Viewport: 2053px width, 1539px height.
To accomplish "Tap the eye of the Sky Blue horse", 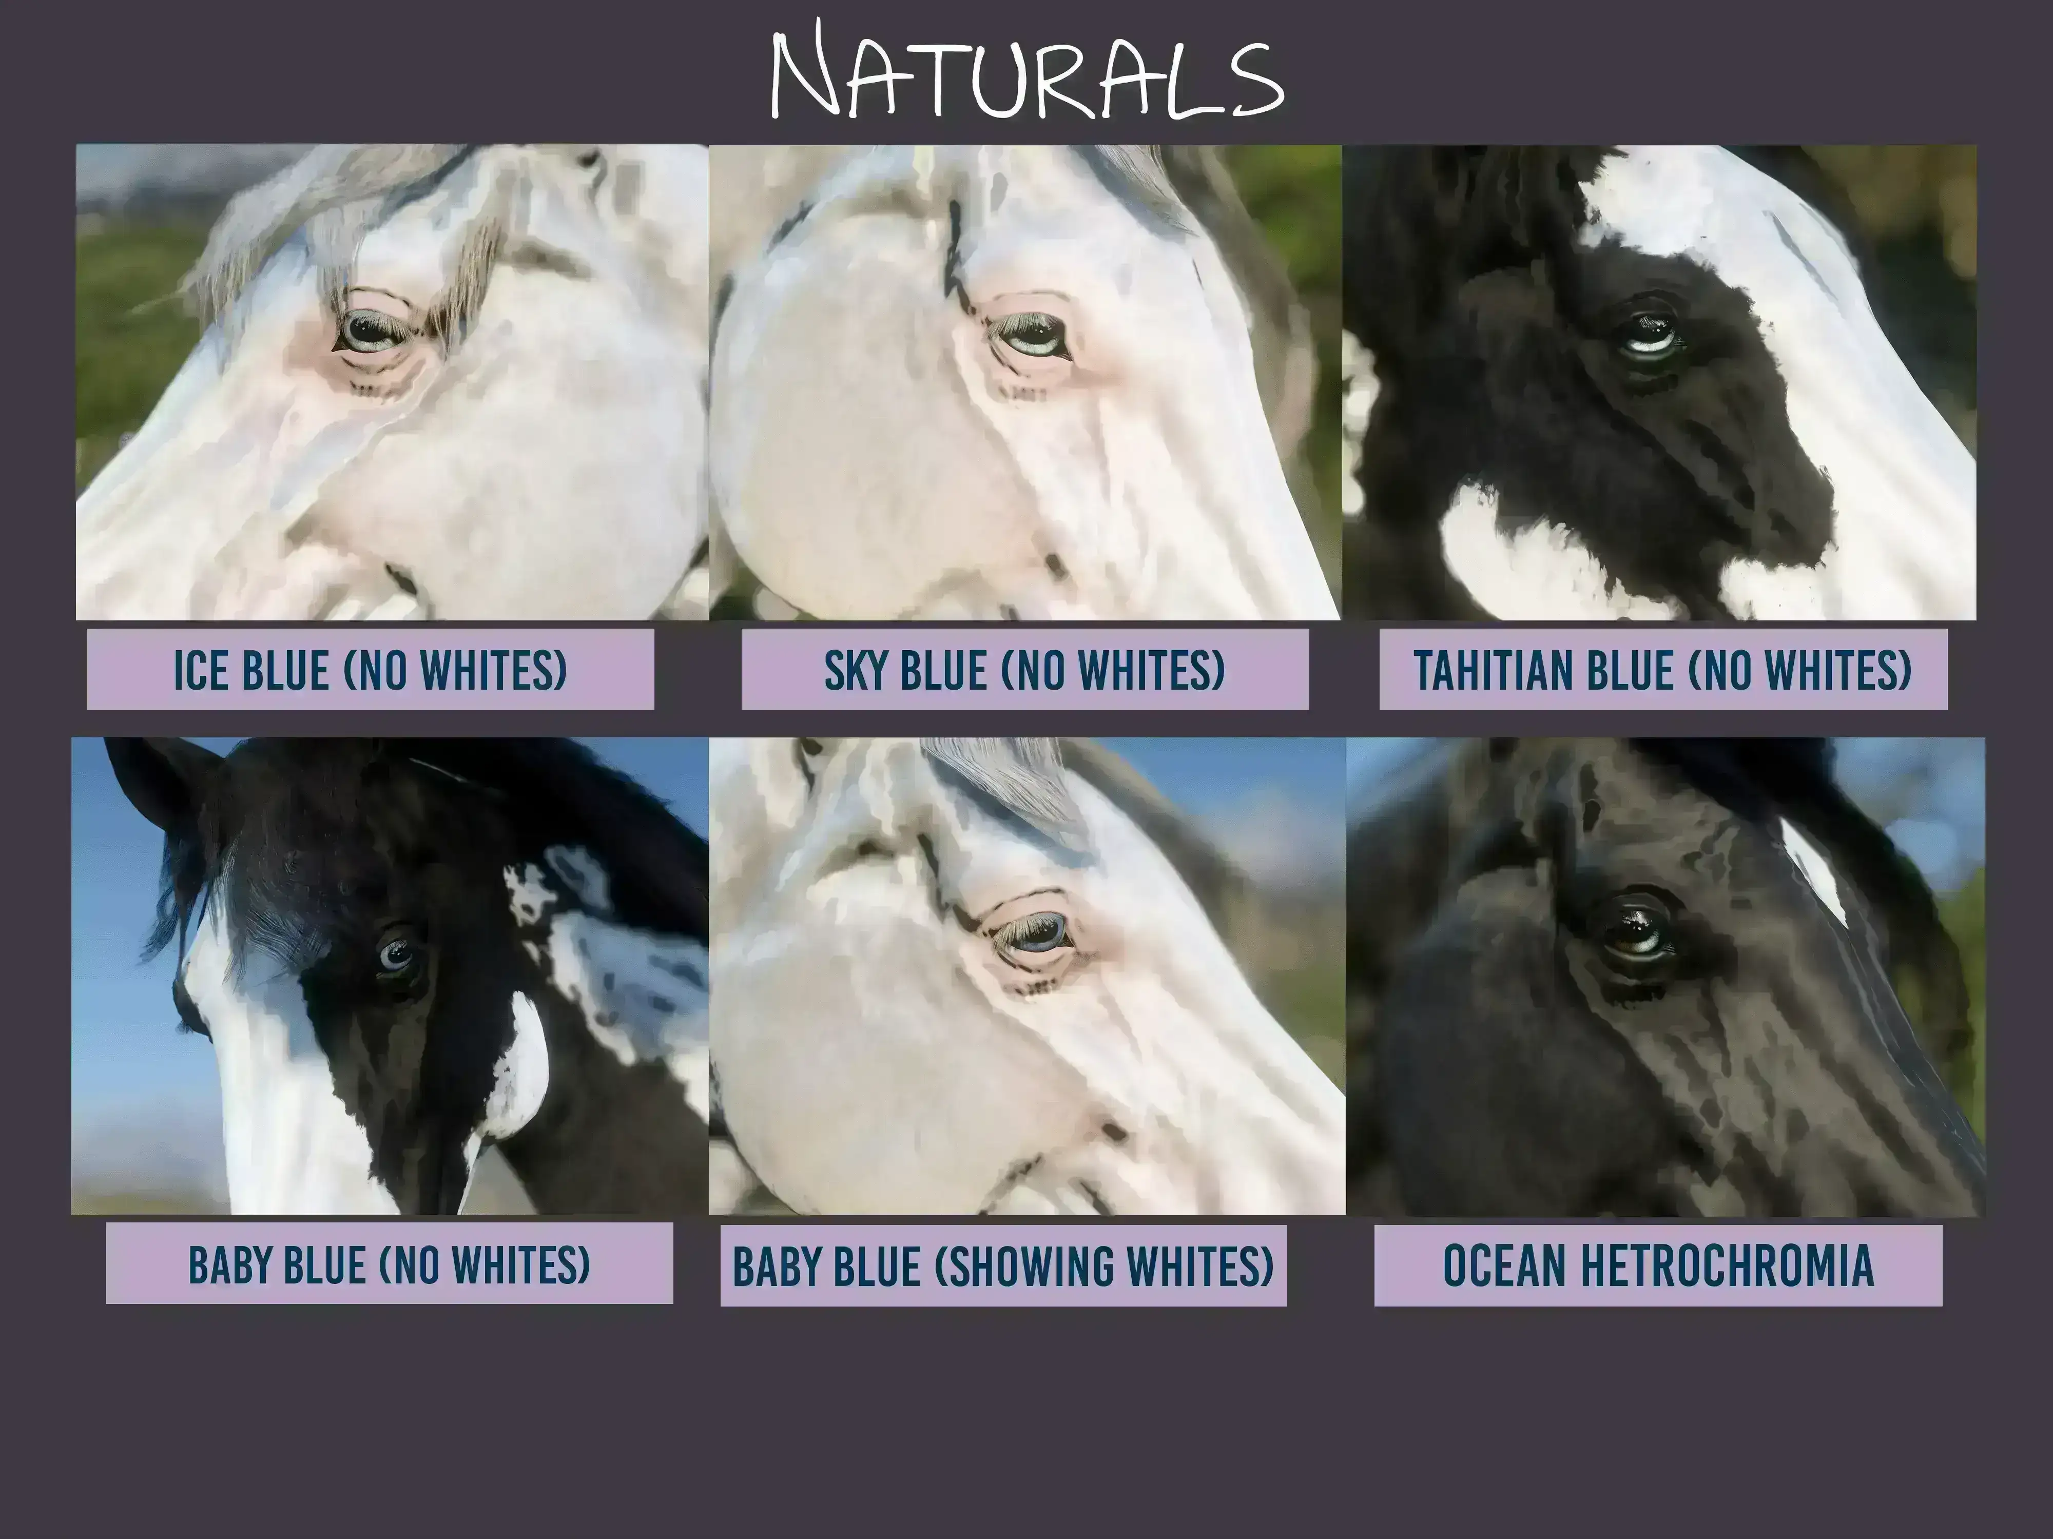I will pyautogui.click(x=1029, y=336).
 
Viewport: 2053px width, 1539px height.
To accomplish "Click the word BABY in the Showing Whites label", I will pyautogui.click(x=778, y=1266).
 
